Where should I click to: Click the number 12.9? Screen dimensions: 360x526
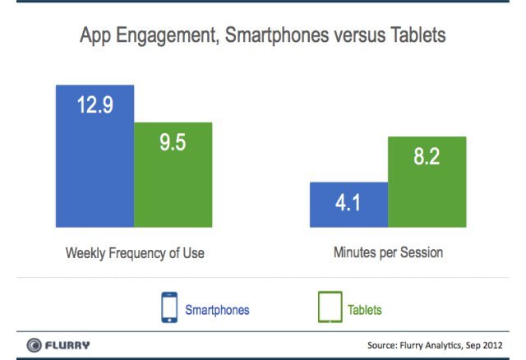click(95, 106)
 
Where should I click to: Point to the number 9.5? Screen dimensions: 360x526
click(173, 142)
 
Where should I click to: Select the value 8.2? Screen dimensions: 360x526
click(427, 156)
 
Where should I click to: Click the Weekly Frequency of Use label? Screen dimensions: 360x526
click(135, 253)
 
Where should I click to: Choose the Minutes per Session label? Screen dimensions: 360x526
click(388, 253)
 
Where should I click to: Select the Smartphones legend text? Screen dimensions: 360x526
click(217, 310)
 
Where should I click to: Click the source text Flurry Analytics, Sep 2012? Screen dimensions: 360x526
click(435, 344)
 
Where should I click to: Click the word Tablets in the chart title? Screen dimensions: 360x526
click(416, 37)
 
